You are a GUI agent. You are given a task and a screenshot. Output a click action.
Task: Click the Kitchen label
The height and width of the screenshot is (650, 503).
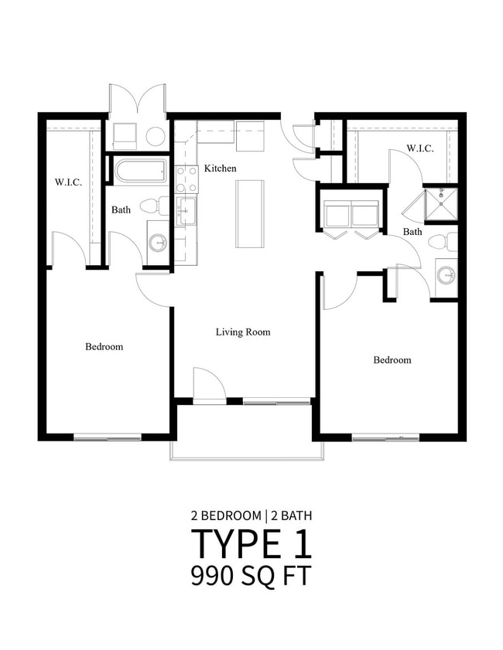[220, 168]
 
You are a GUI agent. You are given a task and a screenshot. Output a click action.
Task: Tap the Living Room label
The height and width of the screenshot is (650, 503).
[242, 332]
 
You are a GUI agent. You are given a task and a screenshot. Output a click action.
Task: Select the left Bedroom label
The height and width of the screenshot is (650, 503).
[104, 347]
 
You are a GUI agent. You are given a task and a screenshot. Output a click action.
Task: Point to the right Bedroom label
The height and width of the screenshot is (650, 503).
[392, 360]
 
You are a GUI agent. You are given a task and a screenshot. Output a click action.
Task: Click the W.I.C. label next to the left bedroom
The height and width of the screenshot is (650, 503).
[68, 183]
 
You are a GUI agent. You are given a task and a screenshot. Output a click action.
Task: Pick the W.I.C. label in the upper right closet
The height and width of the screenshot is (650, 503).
[419, 148]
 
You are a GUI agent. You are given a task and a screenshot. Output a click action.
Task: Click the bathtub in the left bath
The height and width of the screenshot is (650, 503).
[140, 170]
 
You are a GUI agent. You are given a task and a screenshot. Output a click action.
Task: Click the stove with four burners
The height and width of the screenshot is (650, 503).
[186, 179]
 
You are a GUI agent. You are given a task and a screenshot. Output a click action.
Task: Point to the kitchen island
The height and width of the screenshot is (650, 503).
[251, 213]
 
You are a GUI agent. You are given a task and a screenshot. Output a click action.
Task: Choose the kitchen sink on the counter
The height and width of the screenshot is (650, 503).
[186, 209]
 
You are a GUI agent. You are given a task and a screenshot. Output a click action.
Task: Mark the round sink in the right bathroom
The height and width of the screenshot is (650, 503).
[446, 275]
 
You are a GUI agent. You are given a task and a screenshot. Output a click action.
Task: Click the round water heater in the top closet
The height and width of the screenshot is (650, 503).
[156, 137]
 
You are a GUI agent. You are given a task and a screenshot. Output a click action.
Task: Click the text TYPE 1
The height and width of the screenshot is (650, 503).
[251, 544]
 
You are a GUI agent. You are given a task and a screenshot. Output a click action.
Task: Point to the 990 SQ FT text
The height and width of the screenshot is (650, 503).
[251, 577]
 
